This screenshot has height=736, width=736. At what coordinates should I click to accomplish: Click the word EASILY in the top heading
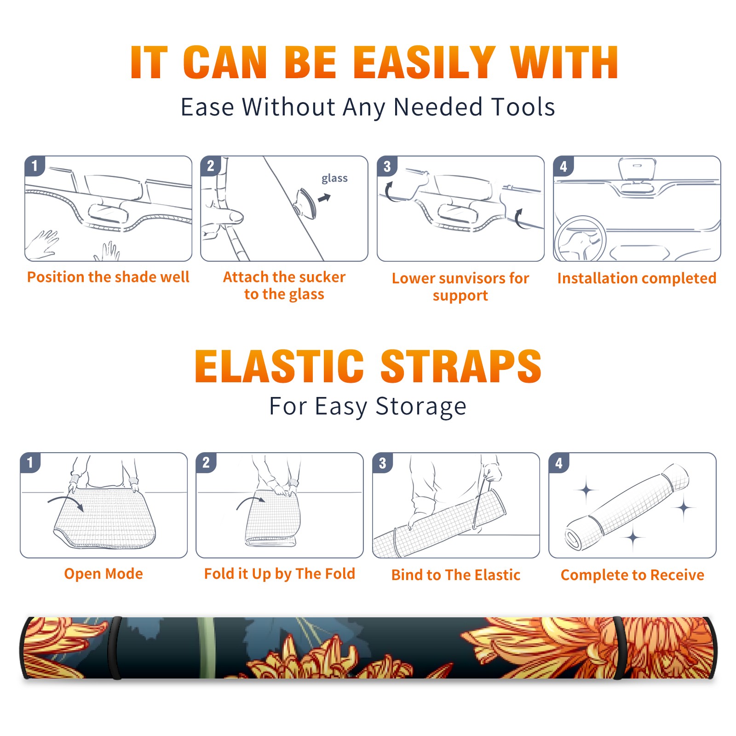[x=424, y=63]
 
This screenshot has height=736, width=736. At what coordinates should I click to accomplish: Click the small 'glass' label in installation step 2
[x=334, y=178]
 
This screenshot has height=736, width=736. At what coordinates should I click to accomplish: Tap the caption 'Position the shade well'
[x=108, y=277]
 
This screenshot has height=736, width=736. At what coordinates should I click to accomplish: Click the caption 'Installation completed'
[x=637, y=278]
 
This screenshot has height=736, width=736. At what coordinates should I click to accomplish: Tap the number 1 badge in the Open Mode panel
[x=30, y=462]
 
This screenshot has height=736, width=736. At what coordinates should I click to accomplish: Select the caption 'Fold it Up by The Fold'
[x=280, y=574]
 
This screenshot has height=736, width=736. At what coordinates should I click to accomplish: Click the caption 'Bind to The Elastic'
[x=456, y=575]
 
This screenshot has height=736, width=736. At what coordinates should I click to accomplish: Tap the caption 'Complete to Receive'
[x=632, y=575]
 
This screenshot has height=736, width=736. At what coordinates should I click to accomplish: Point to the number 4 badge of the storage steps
[x=559, y=463]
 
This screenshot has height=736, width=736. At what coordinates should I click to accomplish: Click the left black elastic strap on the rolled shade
[x=115, y=648]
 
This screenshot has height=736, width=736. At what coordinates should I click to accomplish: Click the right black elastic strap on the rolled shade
[x=619, y=648]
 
